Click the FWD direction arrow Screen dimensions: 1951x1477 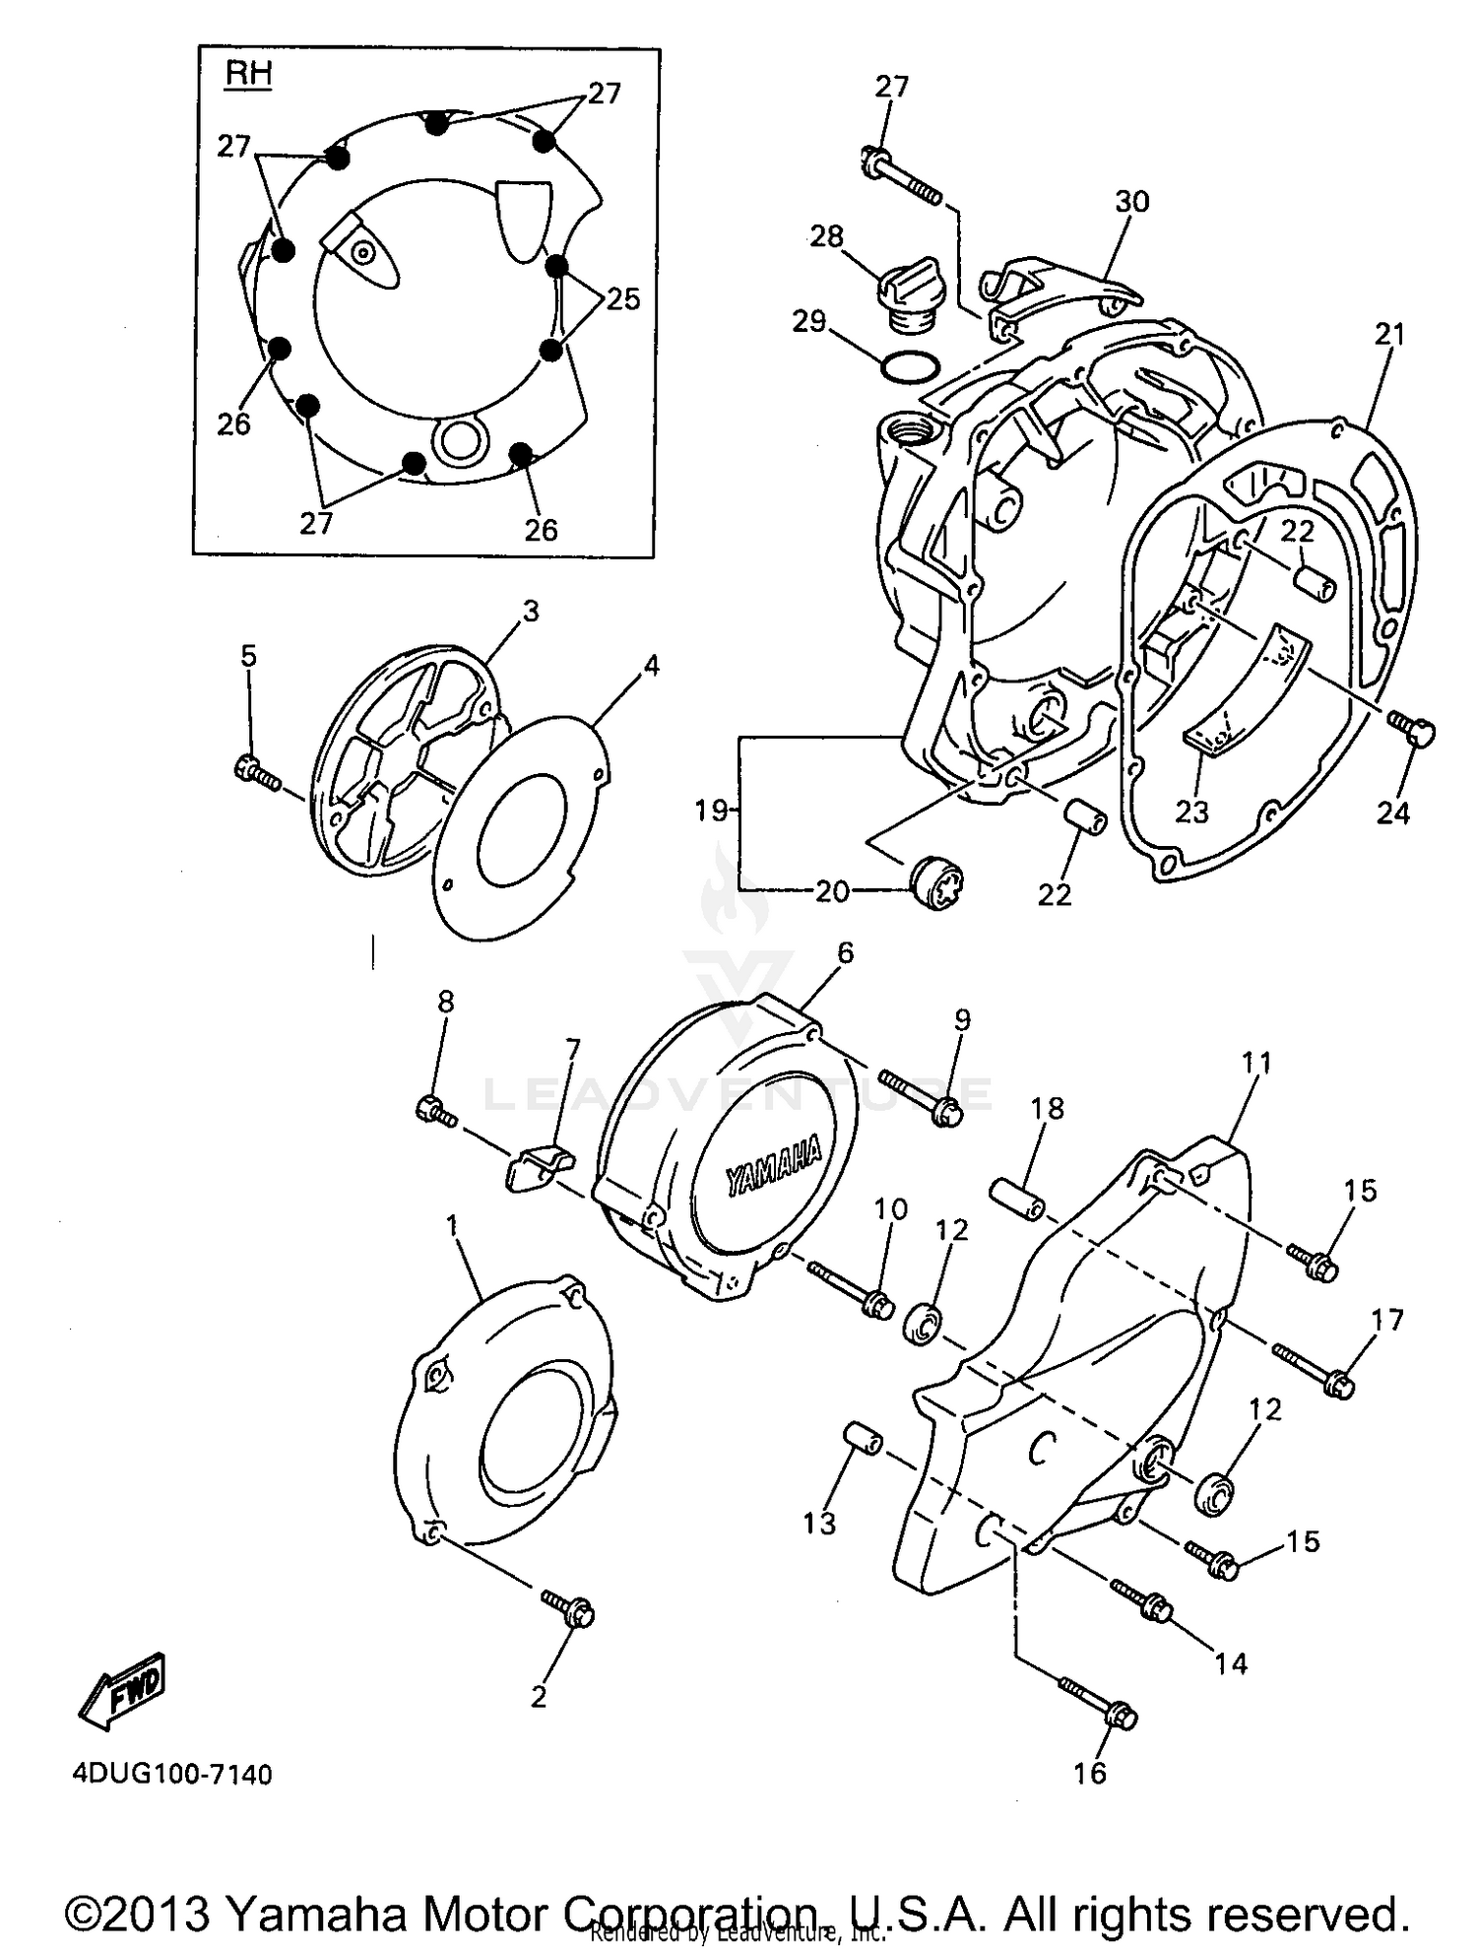122,1693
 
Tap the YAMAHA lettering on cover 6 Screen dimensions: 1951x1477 774,1168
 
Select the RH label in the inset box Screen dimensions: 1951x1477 249,75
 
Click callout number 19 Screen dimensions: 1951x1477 711,811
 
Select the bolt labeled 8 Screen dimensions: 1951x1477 435,1110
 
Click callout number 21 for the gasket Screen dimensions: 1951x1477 1389,335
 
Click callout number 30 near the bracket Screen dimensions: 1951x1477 1132,201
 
